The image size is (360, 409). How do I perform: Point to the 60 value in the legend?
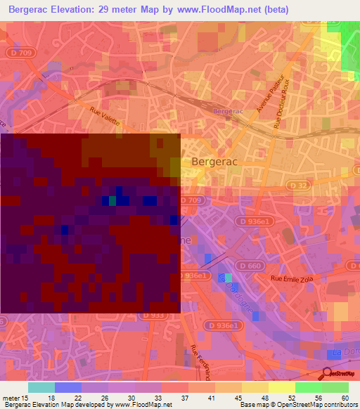pyautogui.click(x=345, y=398)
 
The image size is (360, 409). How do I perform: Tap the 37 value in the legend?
pyautogui.click(x=184, y=398)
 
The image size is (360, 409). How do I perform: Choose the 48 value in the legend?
pyautogui.click(x=265, y=398)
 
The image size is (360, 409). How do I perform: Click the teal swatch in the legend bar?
pyautogui.click(x=41, y=387)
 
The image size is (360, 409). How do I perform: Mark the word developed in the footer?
pyautogui.click(x=91, y=405)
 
